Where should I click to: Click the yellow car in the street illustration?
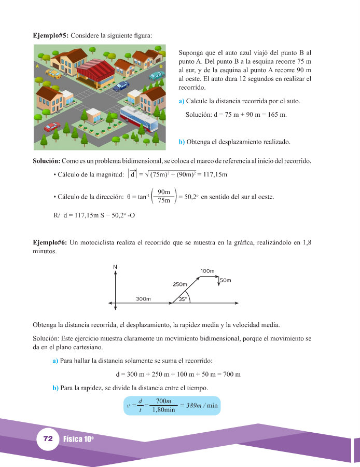53,74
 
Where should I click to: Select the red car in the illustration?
51,127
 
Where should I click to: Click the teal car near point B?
156,76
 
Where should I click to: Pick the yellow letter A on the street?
37,67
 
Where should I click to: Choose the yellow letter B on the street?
161,67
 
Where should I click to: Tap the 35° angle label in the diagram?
183,299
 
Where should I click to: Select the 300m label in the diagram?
144,299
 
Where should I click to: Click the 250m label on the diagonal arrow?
180,284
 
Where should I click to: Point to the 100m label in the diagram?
207,271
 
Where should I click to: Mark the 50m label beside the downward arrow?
226,280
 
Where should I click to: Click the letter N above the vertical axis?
115,267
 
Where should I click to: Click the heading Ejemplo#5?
50,36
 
